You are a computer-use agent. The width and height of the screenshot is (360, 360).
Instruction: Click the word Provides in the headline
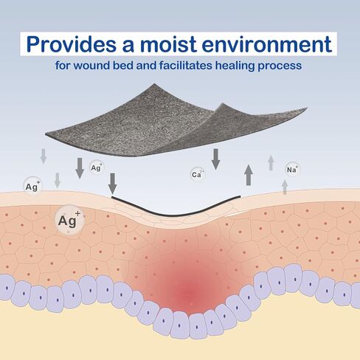pyautogui.click(x=71, y=44)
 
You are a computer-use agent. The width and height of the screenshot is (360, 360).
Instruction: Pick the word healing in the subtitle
pyautogui.click(x=235, y=66)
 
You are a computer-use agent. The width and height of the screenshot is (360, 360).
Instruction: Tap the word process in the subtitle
pyautogui.click(x=280, y=66)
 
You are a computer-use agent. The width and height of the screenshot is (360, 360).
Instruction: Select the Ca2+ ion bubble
pyautogui.click(x=198, y=174)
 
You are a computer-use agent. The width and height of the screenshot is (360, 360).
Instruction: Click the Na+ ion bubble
pyautogui.click(x=292, y=170)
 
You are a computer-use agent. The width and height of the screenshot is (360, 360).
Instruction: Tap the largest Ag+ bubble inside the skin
pyautogui.click(x=69, y=220)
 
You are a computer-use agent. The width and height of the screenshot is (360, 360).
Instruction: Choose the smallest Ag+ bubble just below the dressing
pyautogui.click(x=96, y=167)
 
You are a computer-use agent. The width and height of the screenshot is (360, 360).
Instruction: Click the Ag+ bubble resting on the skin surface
pyautogui.click(x=32, y=186)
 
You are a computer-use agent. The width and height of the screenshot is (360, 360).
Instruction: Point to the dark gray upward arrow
pyautogui.click(x=249, y=175)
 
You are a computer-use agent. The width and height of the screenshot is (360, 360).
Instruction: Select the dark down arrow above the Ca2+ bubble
pyautogui.click(x=215, y=159)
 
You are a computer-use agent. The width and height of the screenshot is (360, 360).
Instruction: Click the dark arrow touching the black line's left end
pyautogui.click(x=112, y=184)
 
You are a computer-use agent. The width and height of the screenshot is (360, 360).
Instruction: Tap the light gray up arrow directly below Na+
pyautogui.click(x=285, y=187)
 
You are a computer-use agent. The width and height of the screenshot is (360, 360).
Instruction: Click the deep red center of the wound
pyautogui.click(x=190, y=291)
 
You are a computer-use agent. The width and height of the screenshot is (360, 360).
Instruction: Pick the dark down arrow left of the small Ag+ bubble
pyautogui.click(x=80, y=168)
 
